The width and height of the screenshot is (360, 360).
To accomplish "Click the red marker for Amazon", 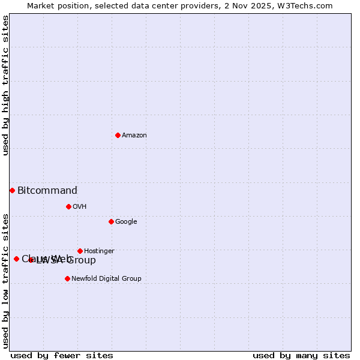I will (x=118, y=135).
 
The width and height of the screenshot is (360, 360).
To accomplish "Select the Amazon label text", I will (x=134, y=136).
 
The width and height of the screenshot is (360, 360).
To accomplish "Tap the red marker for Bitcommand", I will (x=12, y=190).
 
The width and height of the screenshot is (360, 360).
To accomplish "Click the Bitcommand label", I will (x=47, y=191).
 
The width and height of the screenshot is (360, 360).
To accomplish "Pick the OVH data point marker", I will (x=68, y=206).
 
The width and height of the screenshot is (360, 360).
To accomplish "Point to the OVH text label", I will (x=79, y=207).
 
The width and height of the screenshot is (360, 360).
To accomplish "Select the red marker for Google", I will (x=111, y=221).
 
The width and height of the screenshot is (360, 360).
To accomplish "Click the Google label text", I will (x=126, y=222).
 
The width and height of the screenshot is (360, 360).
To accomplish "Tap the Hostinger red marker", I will (x=80, y=251).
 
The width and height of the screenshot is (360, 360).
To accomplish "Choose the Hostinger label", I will (x=99, y=251).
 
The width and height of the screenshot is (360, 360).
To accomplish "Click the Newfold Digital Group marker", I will (x=67, y=278).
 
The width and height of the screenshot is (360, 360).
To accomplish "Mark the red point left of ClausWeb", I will (x=16, y=259).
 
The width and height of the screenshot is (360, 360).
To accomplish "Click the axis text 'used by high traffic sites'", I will (x=5, y=85).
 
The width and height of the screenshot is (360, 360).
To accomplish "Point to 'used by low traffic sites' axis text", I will (x=5, y=280).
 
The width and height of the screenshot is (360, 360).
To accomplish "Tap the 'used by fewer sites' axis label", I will (x=62, y=356).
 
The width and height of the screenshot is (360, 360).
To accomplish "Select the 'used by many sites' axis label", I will (x=301, y=356).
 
